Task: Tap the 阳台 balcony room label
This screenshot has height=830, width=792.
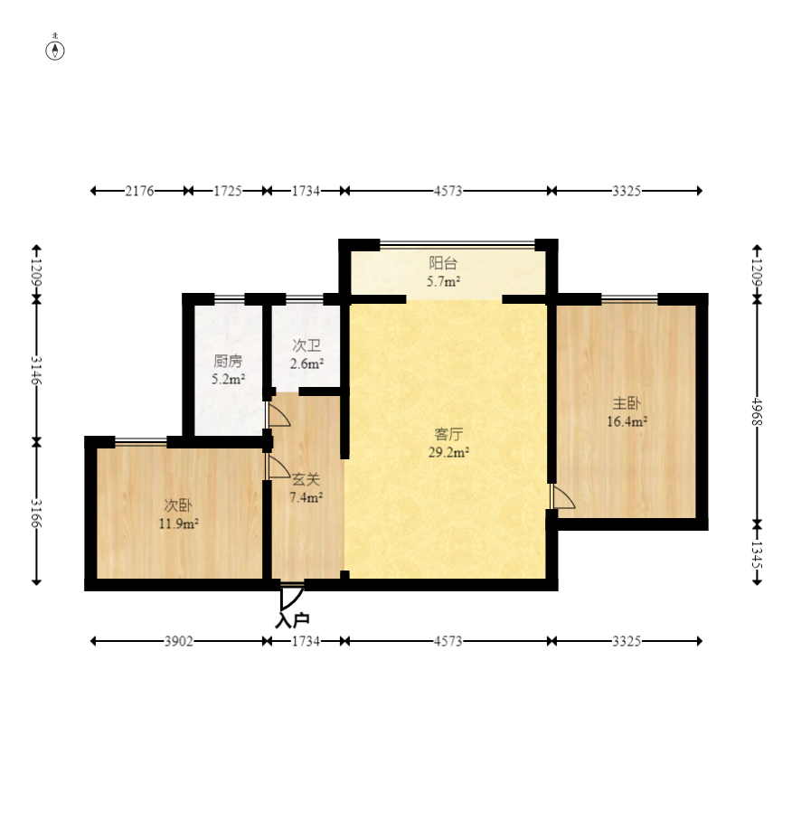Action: coord(443,263)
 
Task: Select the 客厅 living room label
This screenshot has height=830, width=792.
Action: coord(448,434)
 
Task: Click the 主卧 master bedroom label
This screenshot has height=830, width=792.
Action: coord(627,403)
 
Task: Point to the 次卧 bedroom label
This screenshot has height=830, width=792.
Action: coord(178,505)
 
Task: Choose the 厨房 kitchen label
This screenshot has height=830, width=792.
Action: coord(228,361)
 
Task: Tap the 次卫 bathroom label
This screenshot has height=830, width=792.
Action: coord(306,345)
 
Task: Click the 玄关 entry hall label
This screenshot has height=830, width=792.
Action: coord(306,479)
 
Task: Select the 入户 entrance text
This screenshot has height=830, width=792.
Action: coord(292,620)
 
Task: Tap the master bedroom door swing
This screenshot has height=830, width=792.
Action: coord(562,497)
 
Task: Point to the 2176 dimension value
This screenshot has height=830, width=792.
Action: coord(140,191)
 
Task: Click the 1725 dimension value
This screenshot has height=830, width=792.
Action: coord(228,191)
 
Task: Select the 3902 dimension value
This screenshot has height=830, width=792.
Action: coord(178,642)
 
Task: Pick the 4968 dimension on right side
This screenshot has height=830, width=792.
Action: coord(757,411)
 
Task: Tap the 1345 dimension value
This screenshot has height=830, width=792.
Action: coord(757,554)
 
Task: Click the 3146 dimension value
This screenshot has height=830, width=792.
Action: coord(36,370)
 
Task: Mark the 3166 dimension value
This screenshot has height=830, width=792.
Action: coord(36,513)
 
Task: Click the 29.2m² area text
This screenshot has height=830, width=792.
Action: coord(448,452)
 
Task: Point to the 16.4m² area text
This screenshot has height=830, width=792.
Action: coord(627,421)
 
